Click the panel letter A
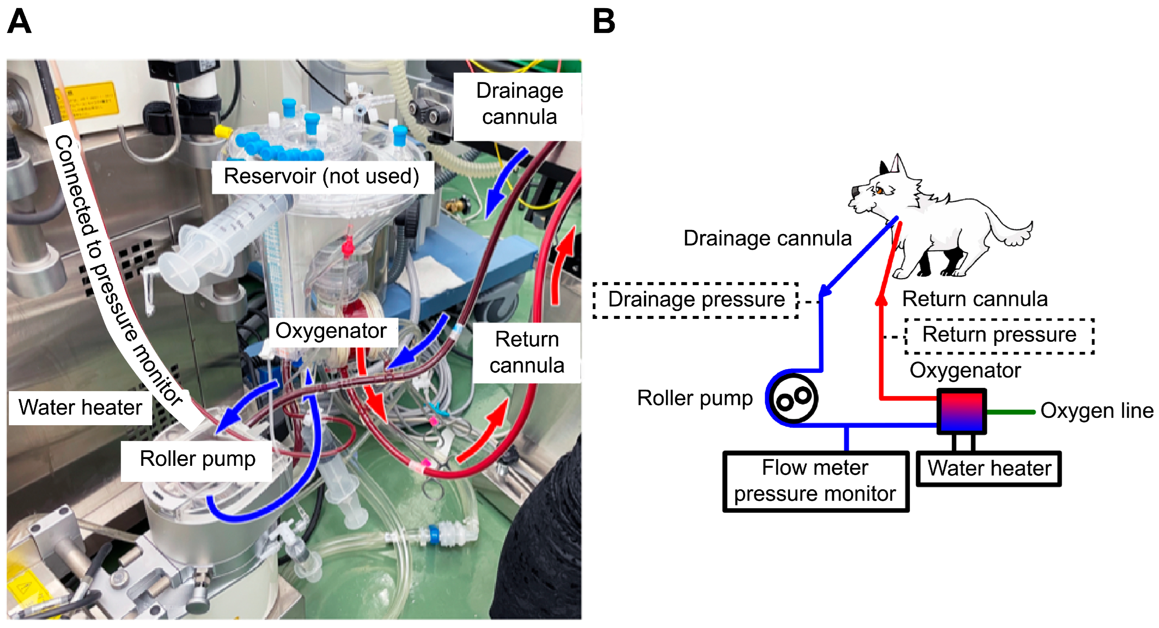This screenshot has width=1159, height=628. click(x=19, y=21)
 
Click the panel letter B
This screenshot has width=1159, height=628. click(x=603, y=21)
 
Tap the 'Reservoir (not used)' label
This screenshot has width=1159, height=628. click(x=322, y=176)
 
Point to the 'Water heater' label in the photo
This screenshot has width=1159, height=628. click(x=80, y=408)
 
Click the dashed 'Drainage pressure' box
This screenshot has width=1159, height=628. click(x=696, y=300)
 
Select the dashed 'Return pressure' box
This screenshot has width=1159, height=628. click(x=999, y=335)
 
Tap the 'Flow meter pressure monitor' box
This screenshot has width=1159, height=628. click(x=815, y=481)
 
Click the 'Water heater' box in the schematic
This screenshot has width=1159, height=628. click(x=989, y=468)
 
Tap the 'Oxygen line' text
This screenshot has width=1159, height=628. click(x=1096, y=411)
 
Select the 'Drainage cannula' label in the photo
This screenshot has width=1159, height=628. click(x=519, y=104)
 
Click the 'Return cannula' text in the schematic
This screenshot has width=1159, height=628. click(x=974, y=300)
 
